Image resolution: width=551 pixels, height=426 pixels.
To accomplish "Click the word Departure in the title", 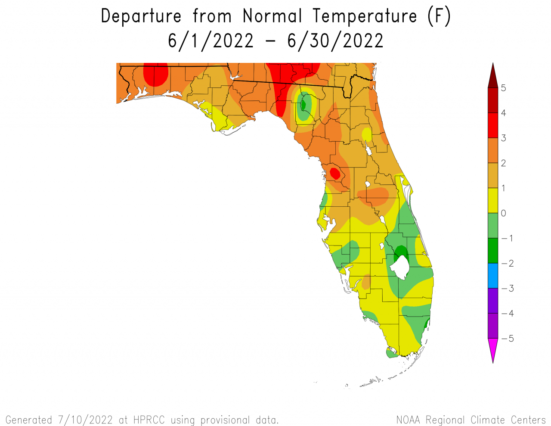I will click(141, 16).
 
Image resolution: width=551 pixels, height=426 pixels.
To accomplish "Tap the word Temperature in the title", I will click(365, 16).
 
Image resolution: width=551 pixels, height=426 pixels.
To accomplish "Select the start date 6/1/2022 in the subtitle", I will click(210, 41).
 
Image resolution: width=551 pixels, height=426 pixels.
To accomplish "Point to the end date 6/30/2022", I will click(335, 41).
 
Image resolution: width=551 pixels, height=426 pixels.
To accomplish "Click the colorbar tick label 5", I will click(504, 88).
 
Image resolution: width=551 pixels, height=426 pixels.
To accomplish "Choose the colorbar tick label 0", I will click(504, 213).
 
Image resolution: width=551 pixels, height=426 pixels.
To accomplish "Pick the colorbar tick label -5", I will click(508, 339).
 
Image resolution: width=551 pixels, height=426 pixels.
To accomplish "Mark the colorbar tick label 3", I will click(504, 138).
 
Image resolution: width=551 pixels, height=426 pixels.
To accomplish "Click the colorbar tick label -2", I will click(508, 264).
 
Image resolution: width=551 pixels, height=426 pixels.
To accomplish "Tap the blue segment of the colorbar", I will click(493, 276).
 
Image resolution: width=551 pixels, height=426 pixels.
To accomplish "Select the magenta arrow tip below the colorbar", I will click(493, 349).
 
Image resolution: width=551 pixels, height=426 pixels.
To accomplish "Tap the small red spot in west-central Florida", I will click(334, 173).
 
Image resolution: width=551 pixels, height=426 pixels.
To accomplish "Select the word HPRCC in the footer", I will click(149, 420).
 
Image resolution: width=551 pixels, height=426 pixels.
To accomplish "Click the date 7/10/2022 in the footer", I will click(85, 420).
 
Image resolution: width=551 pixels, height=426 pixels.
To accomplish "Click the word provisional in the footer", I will click(225, 420).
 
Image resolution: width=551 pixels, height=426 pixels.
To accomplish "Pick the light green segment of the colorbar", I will click(493, 226).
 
